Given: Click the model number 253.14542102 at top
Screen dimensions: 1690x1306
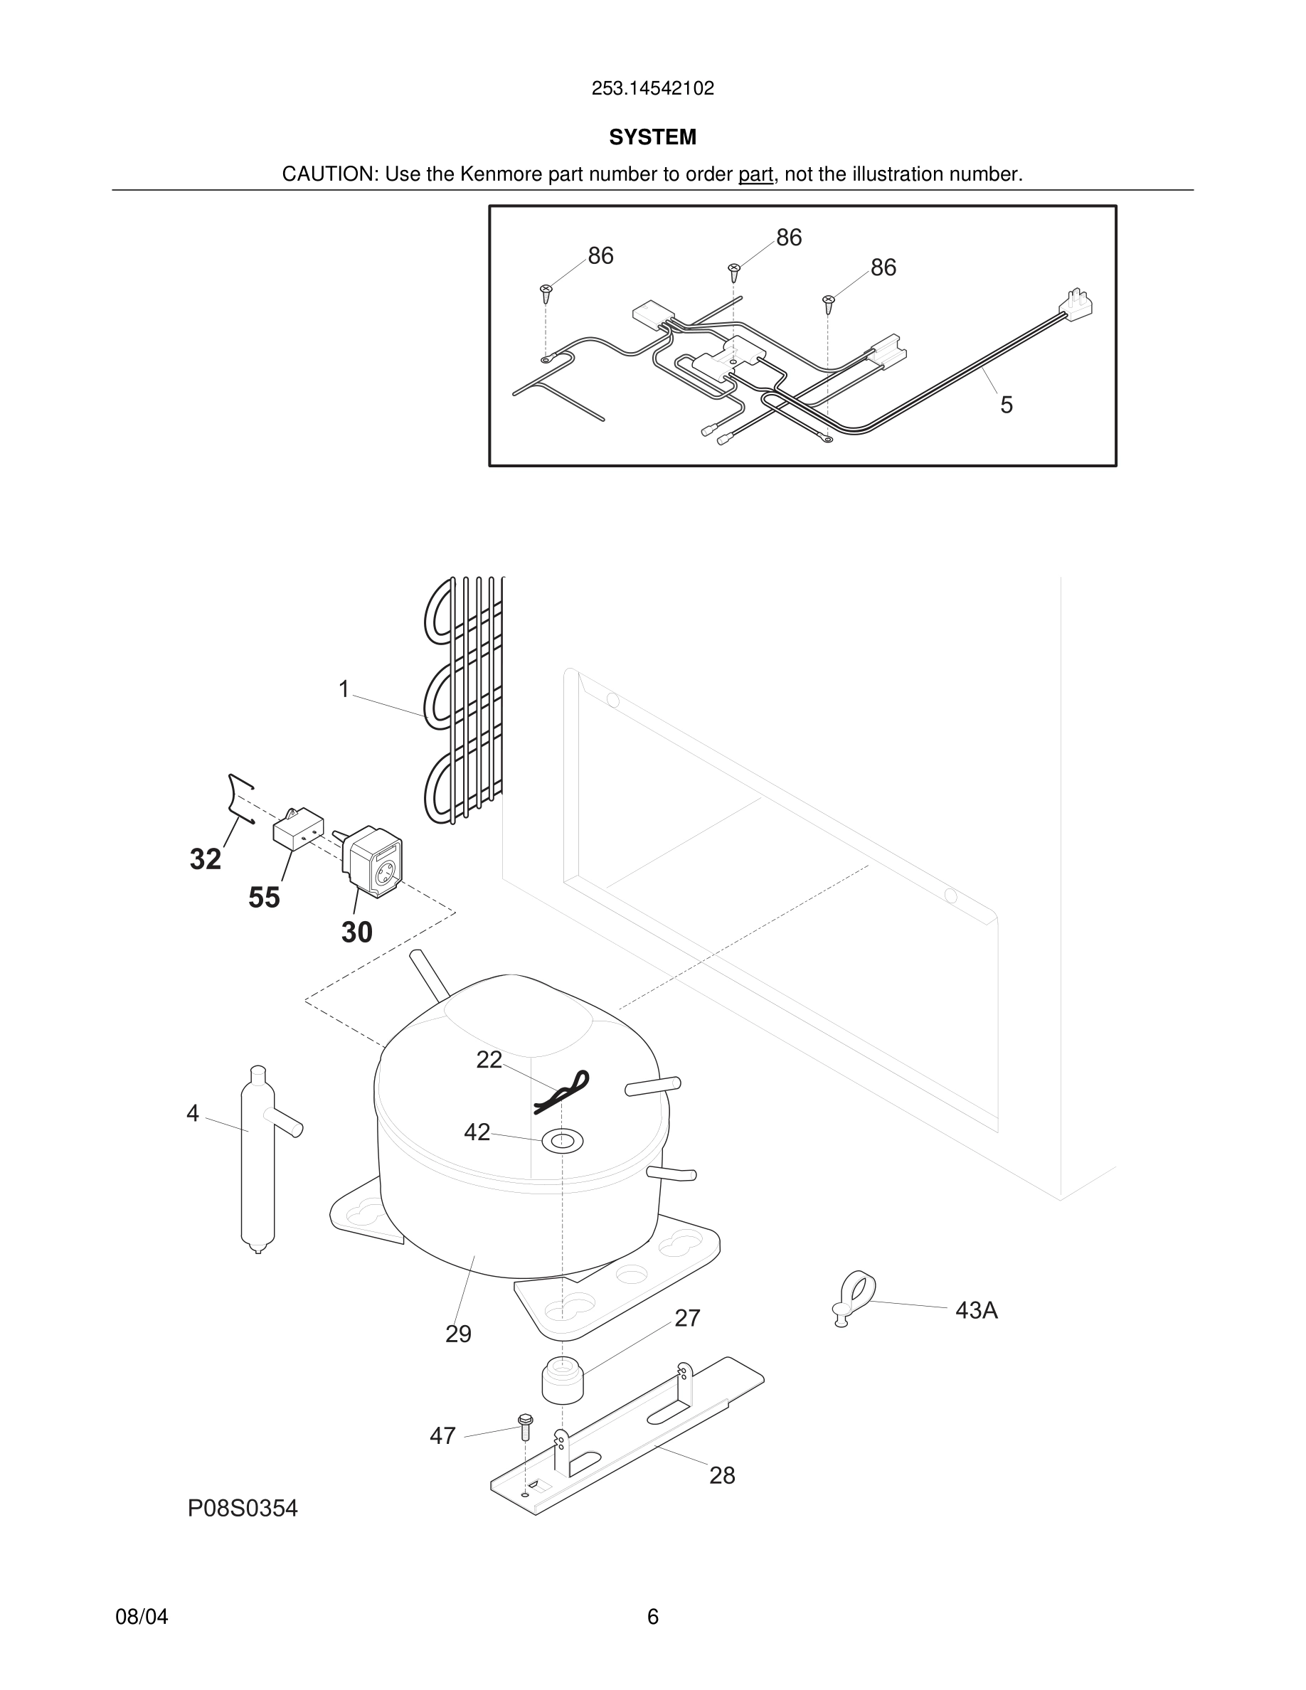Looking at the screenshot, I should click(x=652, y=88).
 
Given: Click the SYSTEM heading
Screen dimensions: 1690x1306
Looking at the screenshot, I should click(x=652, y=137).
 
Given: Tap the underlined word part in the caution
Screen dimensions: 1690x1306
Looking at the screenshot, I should click(x=755, y=174).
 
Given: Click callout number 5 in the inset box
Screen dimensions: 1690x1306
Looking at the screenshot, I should click(x=1006, y=405).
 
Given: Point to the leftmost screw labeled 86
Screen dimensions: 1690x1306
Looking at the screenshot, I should click(x=546, y=293).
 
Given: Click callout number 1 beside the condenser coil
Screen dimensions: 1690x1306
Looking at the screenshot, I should click(x=344, y=689).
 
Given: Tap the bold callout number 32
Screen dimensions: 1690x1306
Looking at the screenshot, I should click(x=205, y=859).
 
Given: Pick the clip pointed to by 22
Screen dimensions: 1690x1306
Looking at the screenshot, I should click(x=563, y=1091).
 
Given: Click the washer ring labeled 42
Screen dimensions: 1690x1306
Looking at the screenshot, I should click(x=563, y=1139).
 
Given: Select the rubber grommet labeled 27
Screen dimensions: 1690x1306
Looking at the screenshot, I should click(x=562, y=1379).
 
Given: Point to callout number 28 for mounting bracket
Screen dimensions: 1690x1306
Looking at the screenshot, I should click(x=722, y=1476).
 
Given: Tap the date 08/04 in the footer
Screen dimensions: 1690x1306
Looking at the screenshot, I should click(x=142, y=1617).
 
